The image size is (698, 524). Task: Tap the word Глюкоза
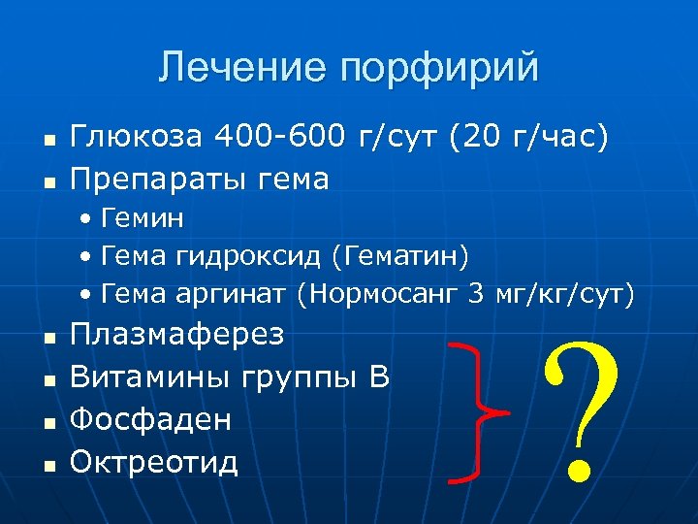[x=135, y=138]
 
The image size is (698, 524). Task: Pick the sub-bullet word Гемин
[x=143, y=218]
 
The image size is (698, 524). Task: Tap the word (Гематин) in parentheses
[x=401, y=256]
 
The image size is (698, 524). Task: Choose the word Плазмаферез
[x=178, y=335]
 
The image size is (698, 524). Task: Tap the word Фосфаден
[x=152, y=419]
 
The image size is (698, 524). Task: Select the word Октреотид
[x=155, y=461]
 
